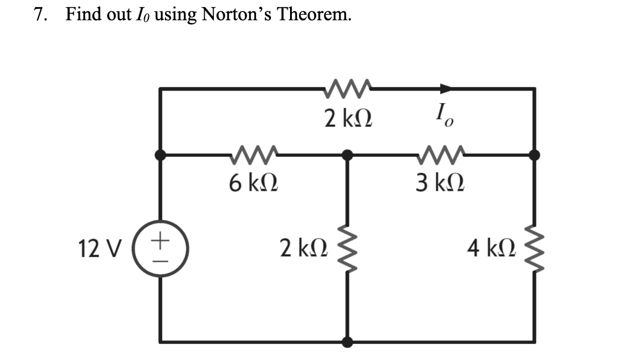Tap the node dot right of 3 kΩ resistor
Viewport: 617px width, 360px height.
tap(534, 155)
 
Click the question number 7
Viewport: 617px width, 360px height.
tap(38, 15)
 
